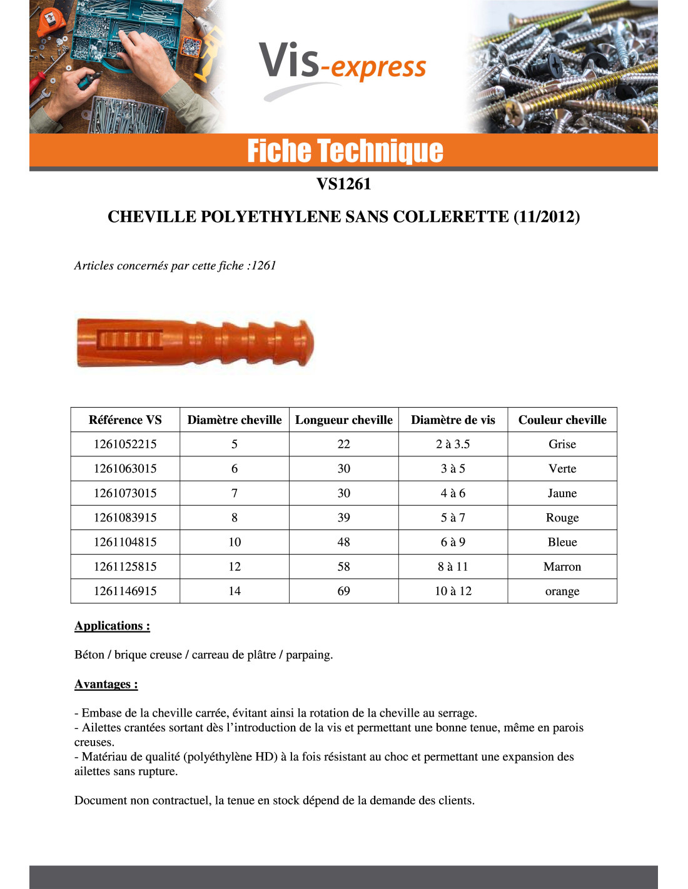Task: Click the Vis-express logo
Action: click(x=343, y=66)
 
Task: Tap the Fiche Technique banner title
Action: click(x=345, y=151)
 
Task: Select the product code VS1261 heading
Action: click(x=343, y=184)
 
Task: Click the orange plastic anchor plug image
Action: click(x=195, y=343)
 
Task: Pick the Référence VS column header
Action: click(x=125, y=420)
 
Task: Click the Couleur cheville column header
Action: click(x=562, y=420)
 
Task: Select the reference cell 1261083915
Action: click(x=125, y=518)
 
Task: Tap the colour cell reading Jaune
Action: click(x=562, y=493)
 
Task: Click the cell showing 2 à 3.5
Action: click(x=453, y=444)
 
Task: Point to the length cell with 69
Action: click(x=344, y=591)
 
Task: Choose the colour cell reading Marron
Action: click(x=562, y=566)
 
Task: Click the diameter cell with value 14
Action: click(x=235, y=591)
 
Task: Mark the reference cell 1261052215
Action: click(x=125, y=444)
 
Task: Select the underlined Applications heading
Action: click(x=112, y=626)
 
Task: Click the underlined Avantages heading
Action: click(x=106, y=684)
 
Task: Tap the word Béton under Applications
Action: click(x=89, y=655)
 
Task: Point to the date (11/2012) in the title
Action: click(x=547, y=217)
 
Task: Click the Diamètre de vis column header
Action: click(x=453, y=420)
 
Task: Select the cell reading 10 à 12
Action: click(x=453, y=591)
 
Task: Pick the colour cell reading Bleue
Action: click(x=562, y=542)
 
